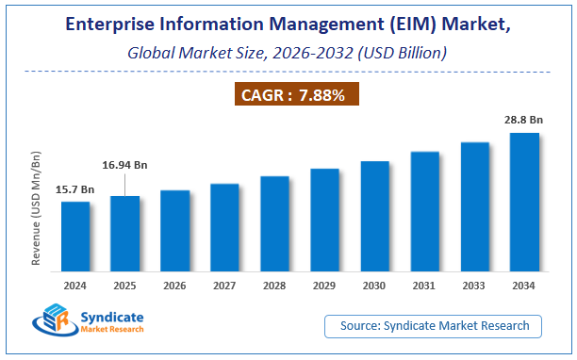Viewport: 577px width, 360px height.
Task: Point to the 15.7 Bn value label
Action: point(75,190)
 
